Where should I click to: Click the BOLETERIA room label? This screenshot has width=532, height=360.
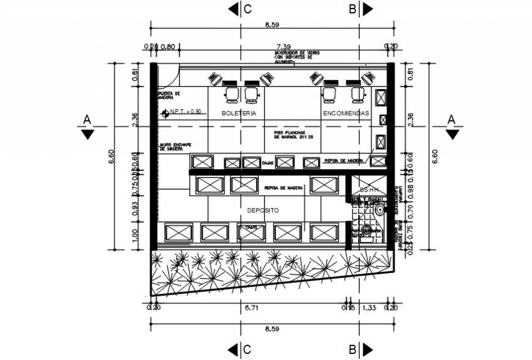[x=238, y=114]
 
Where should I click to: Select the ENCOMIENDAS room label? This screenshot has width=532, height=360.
[x=345, y=114]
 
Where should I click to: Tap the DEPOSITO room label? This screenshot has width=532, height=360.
[x=262, y=210]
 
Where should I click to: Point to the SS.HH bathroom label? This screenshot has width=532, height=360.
[x=369, y=190]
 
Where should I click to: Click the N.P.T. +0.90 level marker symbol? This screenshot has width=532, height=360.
[x=165, y=113]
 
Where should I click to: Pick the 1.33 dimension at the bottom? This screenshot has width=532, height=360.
[x=369, y=308]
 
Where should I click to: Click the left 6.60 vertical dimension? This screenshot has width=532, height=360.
[x=111, y=156]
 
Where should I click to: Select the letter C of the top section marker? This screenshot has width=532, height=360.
[x=248, y=9]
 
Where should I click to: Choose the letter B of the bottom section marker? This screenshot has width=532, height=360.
[x=353, y=350]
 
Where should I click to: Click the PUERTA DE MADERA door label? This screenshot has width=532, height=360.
[x=169, y=95]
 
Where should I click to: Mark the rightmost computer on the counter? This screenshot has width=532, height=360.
[x=368, y=77]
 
